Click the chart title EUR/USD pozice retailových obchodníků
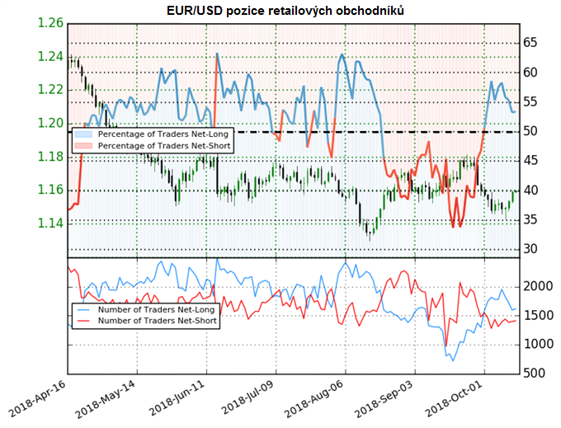click(280, 9)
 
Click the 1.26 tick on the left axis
click(51, 23)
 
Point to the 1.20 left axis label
click(51, 124)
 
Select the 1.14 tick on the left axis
click(51, 223)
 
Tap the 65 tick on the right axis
click(531, 43)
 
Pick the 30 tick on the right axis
click(531, 249)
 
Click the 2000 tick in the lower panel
click(539, 286)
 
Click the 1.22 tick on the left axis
click(51, 90)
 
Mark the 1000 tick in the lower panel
click(539, 345)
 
